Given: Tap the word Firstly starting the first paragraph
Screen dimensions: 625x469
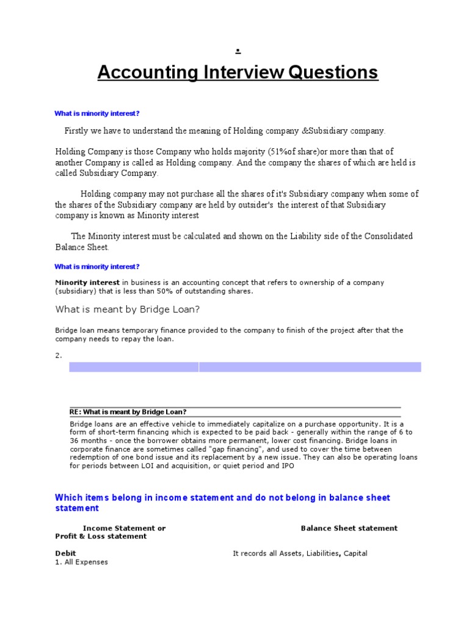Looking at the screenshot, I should tap(78, 131).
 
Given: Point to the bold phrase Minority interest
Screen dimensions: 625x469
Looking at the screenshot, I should tap(87, 283).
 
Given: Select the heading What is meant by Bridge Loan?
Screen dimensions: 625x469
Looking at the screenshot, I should tap(128, 309).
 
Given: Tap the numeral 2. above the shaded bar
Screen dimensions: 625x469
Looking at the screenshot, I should tap(59, 355).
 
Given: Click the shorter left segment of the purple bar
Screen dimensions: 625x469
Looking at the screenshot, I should tap(134, 367).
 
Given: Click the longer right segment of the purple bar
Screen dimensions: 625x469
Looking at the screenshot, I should tap(310, 367).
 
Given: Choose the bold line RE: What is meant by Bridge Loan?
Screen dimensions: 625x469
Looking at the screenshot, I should tap(128, 412).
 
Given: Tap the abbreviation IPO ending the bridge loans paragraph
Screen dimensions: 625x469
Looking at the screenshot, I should tap(288, 466).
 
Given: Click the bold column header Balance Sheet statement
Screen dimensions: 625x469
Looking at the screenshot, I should tap(349, 528).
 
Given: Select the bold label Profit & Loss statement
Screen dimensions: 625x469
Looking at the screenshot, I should tap(101, 536).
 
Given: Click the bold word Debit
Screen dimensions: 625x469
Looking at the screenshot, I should tap(65, 554).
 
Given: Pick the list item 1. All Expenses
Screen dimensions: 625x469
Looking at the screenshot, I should tap(81, 562).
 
